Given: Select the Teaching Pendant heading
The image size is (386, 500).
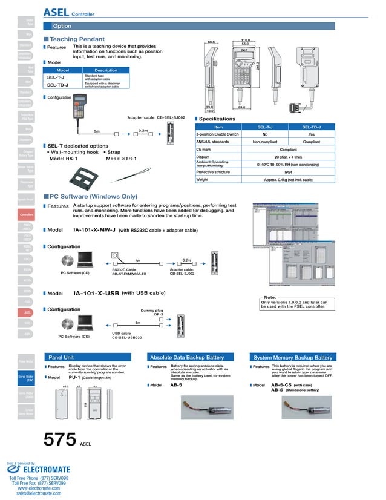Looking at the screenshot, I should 76,39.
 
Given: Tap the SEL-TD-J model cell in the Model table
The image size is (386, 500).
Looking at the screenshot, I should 57,85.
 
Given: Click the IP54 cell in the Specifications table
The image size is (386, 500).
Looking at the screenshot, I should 288,172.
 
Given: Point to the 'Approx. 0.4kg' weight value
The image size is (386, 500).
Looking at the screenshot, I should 288,180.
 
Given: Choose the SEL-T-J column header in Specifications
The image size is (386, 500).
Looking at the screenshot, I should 265,127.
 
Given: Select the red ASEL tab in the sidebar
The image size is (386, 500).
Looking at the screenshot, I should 27,312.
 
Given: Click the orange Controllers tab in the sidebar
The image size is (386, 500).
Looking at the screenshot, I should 27,215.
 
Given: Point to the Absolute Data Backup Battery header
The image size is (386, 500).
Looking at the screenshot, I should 191,358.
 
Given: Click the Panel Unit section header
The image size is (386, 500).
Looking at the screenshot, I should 61,358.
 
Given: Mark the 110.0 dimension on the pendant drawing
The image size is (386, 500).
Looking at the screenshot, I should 245,40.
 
